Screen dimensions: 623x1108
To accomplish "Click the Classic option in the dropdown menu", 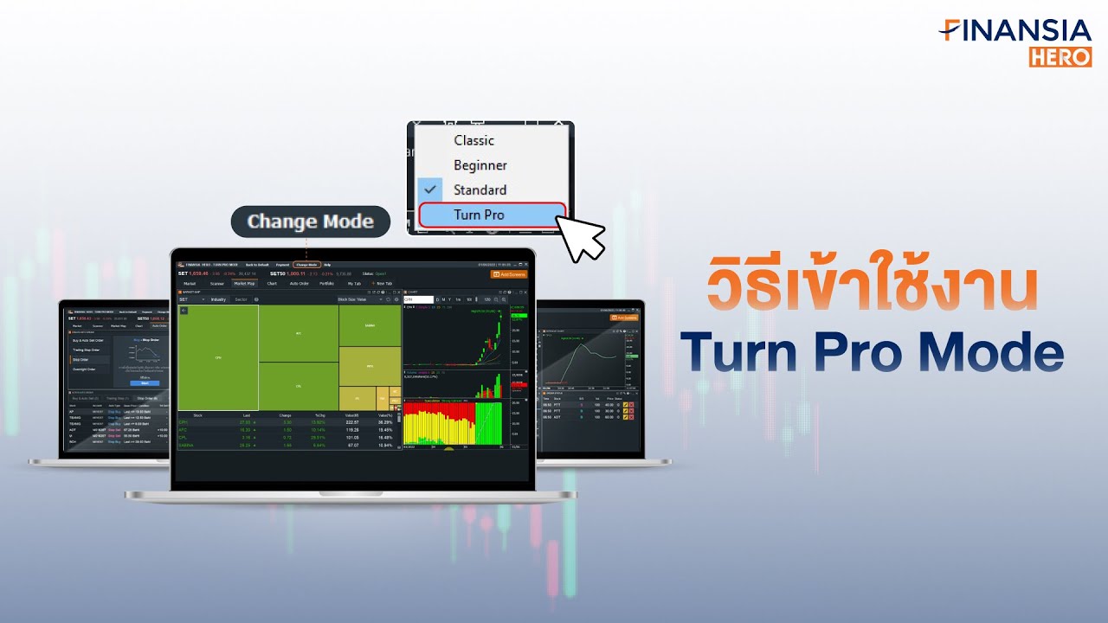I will [473, 140].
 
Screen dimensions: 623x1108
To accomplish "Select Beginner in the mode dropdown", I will [480, 165].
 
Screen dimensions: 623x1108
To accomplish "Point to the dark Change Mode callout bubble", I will [310, 222].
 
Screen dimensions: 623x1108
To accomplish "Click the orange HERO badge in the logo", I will [1060, 56].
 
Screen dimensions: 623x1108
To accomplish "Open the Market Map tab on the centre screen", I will [243, 283].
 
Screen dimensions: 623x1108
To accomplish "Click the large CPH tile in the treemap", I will [218, 356].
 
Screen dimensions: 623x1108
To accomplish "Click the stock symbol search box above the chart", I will [419, 299].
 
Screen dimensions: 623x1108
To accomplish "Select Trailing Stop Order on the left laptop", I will [87, 350].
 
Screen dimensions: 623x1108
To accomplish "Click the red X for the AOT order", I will [632, 416].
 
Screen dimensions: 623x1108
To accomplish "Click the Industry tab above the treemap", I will [217, 299].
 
